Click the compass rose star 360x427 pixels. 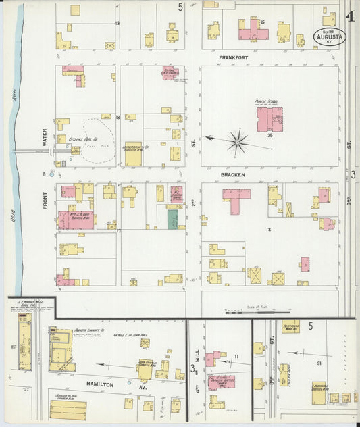[237, 142]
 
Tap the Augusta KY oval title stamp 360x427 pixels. [330, 34]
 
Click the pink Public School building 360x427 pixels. [269, 119]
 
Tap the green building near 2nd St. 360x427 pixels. [173, 219]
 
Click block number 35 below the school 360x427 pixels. [269, 136]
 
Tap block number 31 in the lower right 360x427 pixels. [319, 364]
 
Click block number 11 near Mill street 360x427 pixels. [236, 356]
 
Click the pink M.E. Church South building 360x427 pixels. [169, 72]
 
